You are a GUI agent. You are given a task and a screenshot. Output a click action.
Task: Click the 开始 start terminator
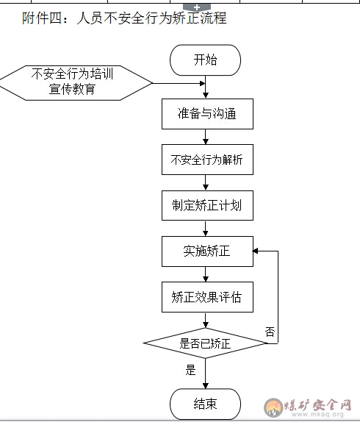(205, 60)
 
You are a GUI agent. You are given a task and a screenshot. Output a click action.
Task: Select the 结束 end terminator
(205, 404)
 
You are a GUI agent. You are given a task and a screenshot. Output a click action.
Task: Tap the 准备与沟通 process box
(207, 114)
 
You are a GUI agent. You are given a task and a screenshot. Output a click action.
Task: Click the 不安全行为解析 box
(207, 160)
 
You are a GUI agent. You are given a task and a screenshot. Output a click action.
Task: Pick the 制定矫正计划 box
(207, 205)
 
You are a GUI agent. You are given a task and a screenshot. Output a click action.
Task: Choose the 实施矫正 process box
(207, 251)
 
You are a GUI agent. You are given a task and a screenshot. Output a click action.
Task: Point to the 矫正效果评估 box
(207, 297)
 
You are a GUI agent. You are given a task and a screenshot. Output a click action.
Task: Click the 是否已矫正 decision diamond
(205, 343)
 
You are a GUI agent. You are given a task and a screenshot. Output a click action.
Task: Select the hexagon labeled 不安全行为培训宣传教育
(76, 83)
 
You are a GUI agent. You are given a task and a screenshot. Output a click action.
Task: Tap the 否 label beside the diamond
(270, 332)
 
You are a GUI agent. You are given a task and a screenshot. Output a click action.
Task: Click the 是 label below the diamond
(190, 370)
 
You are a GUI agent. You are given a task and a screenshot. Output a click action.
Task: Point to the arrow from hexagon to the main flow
(179, 83)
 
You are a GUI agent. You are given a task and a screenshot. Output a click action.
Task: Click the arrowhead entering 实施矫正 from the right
(255, 251)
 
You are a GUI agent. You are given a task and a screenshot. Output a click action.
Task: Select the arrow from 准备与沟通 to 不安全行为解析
(205, 137)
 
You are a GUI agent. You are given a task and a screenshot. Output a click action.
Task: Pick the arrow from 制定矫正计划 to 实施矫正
(205, 228)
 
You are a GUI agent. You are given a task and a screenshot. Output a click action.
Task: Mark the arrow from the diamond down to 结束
(205, 374)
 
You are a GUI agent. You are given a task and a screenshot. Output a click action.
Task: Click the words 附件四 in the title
(43, 18)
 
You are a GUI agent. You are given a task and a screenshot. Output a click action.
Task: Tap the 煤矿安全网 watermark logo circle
(273, 407)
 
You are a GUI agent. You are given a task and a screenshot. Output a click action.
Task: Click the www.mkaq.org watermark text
(317, 414)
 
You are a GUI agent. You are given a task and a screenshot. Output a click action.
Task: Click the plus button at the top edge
(197, 7)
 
